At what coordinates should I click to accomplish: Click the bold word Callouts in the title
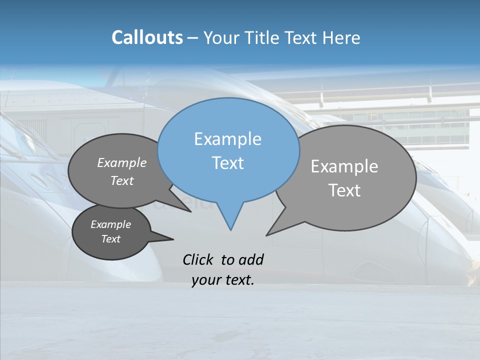pyautogui.click(x=147, y=37)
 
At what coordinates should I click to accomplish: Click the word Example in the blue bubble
pyautogui.click(x=227, y=139)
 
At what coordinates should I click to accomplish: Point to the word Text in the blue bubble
pyautogui.click(x=227, y=163)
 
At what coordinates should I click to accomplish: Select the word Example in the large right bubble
pyautogui.click(x=344, y=166)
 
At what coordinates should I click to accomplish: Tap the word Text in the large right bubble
pyautogui.click(x=344, y=190)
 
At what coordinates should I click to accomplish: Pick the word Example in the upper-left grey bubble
pyautogui.click(x=122, y=162)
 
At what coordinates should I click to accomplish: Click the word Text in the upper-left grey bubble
pyautogui.click(x=122, y=180)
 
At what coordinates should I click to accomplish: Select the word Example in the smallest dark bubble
pyautogui.click(x=111, y=224)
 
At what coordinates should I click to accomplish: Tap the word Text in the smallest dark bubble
pyautogui.click(x=111, y=239)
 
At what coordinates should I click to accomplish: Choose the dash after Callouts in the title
pyautogui.click(x=193, y=38)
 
